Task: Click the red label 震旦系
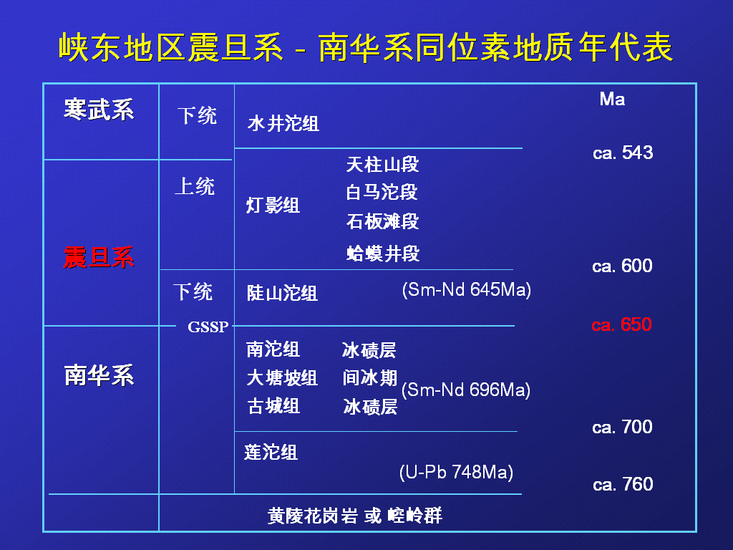pyautogui.click(x=99, y=257)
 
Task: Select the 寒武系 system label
pyautogui.click(x=99, y=110)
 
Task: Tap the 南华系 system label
pyautogui.click(x=99, y=375)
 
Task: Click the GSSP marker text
pyautogui.click(x=208, y=327)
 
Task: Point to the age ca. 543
pyautogui.click(x=623, y=153)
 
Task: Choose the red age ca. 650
pyautogui.click(x=621, y=324)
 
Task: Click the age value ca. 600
pyautogui.click(x=622, y=266)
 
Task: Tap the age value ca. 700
pyautogui.click(x=622, y=427)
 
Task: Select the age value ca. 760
pyautogui.click(x=623, y=484)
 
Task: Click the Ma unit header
pyautogui.click(x=612, y=99)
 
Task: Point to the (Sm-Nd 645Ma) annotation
pyautogui.click(x=467, y=290)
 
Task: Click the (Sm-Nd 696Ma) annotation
pyautogui.click(x=465, y=390)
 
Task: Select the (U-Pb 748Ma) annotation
pyautogui.click(x=456, y=473)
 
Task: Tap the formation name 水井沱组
pyautogui.click(x=283, y=124)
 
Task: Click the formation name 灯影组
pyautogui.click(x=273, y=206)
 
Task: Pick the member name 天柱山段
pyautogui.click(x=382, y=165)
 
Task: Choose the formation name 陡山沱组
pyautogui.click(x=282, y=293)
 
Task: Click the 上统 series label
pyautogui.click(x=195, y=187)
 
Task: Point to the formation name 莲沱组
pyautogui.click(x=271, y=453)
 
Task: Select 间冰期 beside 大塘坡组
pyautogui.click(x=370, y=378)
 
